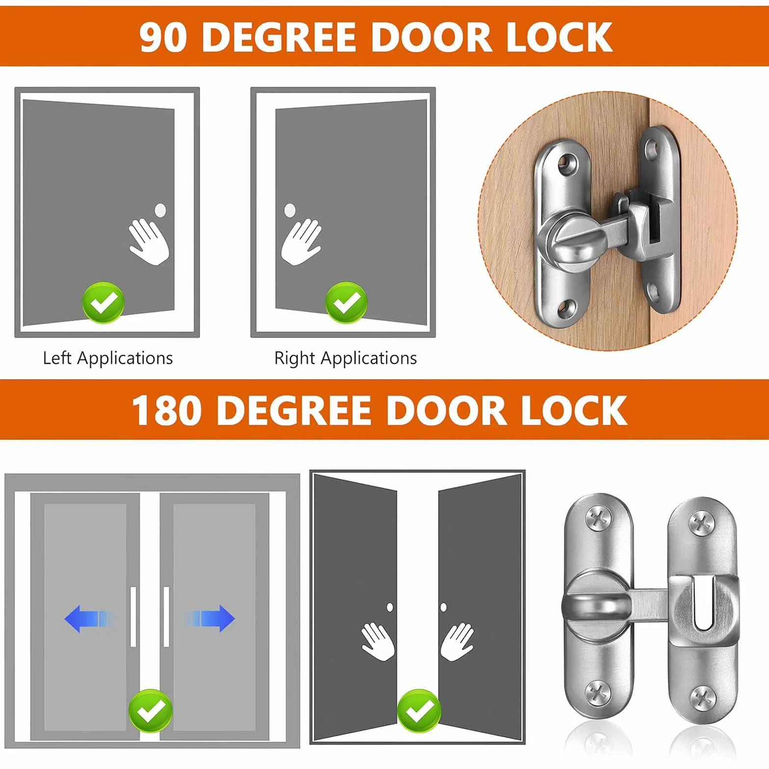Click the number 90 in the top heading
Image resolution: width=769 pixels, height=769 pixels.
pos(163,37)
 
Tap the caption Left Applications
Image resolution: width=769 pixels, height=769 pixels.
pos(108,358)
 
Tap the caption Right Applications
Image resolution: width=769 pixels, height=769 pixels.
pos(346,358)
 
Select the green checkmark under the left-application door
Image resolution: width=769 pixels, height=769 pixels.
pos(103,303)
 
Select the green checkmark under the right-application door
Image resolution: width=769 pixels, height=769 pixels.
pos(346,303)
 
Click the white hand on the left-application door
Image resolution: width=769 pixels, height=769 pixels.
pos(149,242)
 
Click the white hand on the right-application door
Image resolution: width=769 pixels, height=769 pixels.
pos(301,242)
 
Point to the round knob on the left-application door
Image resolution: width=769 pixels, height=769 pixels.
pos(160,210)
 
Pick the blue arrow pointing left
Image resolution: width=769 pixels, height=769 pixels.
pos(88,618)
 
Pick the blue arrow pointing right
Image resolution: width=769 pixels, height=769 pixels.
pos(211,618)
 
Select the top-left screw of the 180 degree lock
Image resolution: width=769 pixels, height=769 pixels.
pos(598,519)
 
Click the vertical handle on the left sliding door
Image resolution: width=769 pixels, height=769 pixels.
pos(133,616)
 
